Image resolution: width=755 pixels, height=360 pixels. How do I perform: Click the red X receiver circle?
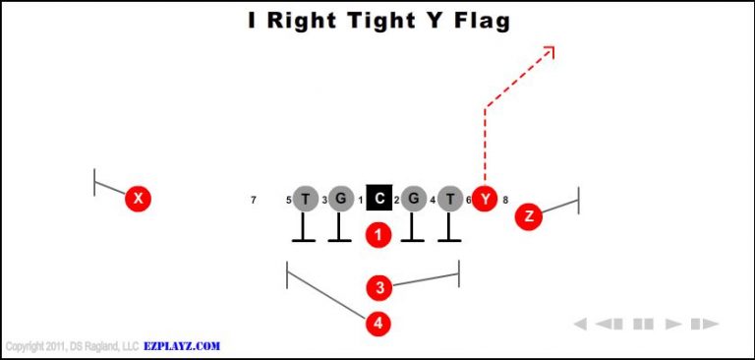(x=139, y=199)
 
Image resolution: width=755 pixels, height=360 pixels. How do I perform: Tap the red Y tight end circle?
(x=485, y=199)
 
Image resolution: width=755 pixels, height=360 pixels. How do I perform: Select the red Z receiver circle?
(x=529, y=216)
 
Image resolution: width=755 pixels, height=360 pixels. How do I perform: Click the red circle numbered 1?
(x=378, y=234)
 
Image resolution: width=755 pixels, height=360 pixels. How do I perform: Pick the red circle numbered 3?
(x=379, y=287)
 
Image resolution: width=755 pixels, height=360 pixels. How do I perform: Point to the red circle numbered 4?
(x=378, y=322)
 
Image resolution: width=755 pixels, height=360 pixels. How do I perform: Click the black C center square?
(x=378, y=199)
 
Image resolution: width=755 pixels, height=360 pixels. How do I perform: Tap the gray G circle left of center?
(x=340, y=199)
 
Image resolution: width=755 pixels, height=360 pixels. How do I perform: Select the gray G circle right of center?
(x=413, y=199)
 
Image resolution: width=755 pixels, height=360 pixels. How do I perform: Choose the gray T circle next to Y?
(x=449, y=199)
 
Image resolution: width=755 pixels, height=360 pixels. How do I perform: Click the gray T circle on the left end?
(x=306, y=199)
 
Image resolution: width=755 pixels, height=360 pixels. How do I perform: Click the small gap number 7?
(x=254, y=200)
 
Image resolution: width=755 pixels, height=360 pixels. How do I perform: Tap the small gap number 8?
(x=505, y=200)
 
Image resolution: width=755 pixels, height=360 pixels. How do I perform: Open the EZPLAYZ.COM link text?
(x=182, y=346)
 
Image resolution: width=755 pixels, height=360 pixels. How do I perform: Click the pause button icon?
(x=643, y=324)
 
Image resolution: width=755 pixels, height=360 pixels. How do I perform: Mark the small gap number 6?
(x=468, y=200)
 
